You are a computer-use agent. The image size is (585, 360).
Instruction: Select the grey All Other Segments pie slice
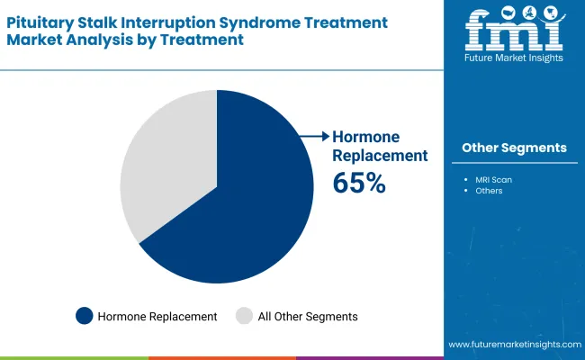point(166,162)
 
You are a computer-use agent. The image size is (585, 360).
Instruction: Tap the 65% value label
point(359,184)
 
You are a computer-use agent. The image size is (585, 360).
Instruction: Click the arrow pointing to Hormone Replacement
point(315,137)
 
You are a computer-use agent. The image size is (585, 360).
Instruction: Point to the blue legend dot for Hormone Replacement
point(85,316)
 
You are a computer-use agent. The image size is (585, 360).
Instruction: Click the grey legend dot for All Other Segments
point(244,316)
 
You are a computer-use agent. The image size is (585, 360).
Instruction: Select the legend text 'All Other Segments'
point(309,317)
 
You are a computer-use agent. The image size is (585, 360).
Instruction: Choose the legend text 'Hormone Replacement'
point(157,317)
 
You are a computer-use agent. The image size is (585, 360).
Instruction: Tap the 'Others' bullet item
point(490,191)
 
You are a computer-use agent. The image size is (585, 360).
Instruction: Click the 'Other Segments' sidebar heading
point(514,148)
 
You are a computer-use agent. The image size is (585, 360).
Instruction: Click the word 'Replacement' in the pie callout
point(380,155)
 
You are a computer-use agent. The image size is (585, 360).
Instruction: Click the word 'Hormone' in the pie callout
point(368,137)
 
